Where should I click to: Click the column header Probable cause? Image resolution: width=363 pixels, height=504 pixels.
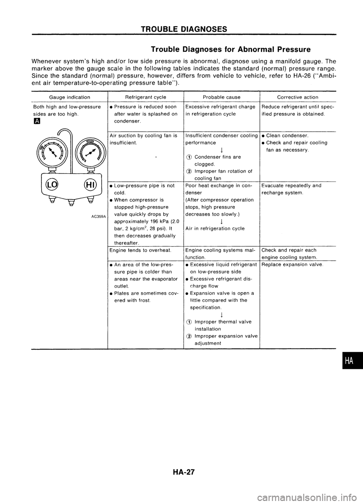pos(221,97)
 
